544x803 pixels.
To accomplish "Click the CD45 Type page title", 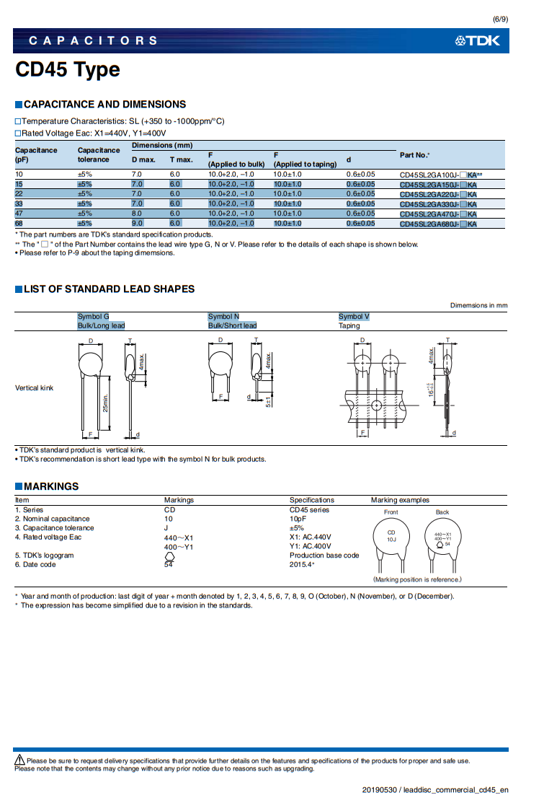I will coord(68,71).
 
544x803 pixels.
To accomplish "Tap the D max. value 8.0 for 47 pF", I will coord(136,214).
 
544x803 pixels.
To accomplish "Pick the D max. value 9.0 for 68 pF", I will coord(136,224).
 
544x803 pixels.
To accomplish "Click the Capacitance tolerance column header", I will coord(99,155).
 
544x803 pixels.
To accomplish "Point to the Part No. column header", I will coord(414,155).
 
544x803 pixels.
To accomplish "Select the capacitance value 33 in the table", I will coord(19,204).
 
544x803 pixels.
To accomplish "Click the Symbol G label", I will coord(93,317).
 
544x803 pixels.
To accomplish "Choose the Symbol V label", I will coord(354,317).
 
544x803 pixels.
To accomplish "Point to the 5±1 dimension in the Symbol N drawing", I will coord(268,401).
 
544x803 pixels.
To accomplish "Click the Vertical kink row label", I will coord(35,388).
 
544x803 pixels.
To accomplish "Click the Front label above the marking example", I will coord(391,512).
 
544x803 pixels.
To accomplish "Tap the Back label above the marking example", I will coord(442,512).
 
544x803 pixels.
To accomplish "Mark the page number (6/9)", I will coord(500,18).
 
